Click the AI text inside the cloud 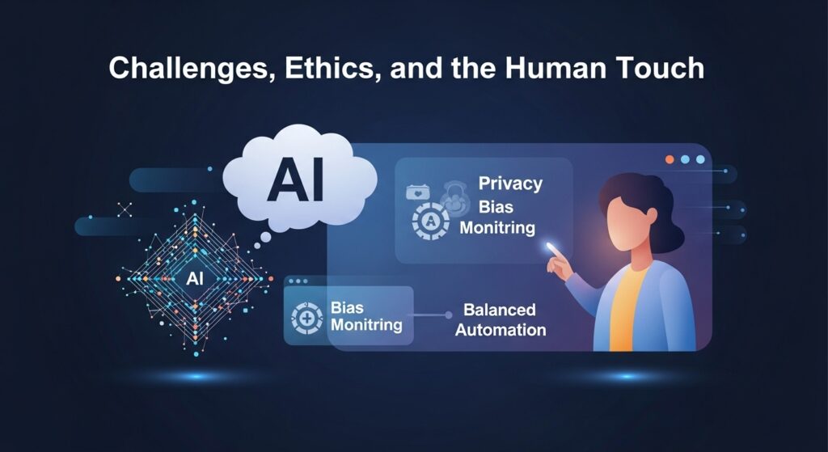tap(296, 182)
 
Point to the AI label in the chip tap(195, 279)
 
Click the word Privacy tap(510, 184)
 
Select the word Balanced tap(500, 310)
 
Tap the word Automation tap(501, 330)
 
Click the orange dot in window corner tap(670, 159)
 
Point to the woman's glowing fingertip tap(550, 247)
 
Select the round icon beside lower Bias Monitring tap(306, 319)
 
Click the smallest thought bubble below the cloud tap(257, 246)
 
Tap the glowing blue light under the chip tap(196, 377)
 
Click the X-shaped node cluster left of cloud tap(125, 209)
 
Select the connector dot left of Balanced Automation tap(448, 315)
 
